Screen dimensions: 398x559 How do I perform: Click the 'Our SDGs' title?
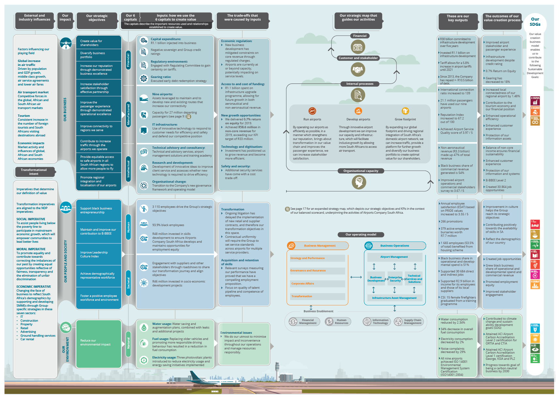pos(535,22)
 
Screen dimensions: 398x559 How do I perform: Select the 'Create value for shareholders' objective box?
pos(98,43)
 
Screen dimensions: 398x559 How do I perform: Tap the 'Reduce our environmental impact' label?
pos(98,342)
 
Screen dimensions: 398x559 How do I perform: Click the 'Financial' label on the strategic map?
pos(360,36)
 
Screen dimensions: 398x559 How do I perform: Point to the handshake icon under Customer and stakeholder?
pos(358,69)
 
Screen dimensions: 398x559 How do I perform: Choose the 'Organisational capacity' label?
pos(361,171)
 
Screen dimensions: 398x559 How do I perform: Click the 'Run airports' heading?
pos(312,119)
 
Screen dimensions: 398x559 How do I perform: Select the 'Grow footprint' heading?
pos(405,119)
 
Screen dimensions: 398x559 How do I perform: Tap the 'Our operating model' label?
pos(361,234)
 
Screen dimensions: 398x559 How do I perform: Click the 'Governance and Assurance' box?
pos(317,270)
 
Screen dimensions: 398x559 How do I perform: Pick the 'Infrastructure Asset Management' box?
pos(394,298)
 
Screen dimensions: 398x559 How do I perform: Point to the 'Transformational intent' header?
pos(34,172)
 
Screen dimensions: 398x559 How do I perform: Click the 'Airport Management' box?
pos(394,257)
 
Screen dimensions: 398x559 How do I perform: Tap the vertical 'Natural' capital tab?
pos(128,343)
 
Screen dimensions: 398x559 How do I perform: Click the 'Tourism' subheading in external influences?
pos(24,116)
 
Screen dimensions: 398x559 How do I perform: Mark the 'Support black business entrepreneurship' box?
pos(98,210)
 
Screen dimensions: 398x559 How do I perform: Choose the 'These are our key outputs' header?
pos(458,18)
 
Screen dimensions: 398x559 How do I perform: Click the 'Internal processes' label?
pos(360,84)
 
